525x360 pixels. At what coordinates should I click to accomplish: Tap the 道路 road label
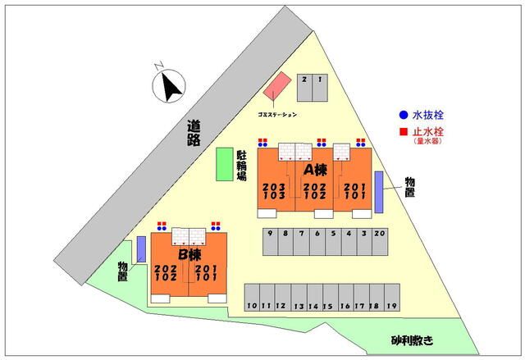pyautogui.click(x=194, y=132)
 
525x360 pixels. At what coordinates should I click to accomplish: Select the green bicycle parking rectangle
pyautogui.click(x=223, y=164)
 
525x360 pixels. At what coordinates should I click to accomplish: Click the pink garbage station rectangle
pyautogui.click(x=278, y=88)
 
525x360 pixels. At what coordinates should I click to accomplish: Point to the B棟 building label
pyautogui.click(x=189, y=256)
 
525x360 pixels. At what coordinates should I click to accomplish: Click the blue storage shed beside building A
pyautogui.click(x=379, y=192)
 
